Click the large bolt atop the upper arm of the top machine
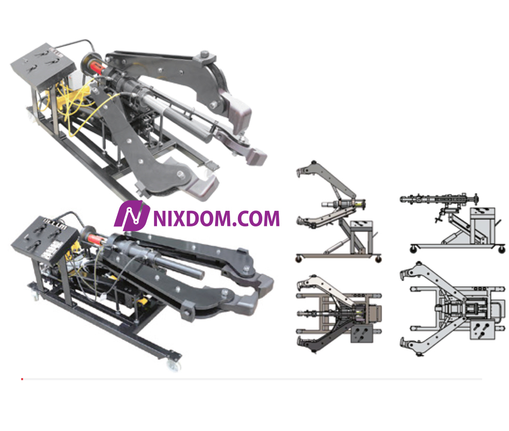coord(204,54)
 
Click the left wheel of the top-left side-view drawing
coord(299,257)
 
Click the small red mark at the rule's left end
coord(22,379)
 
